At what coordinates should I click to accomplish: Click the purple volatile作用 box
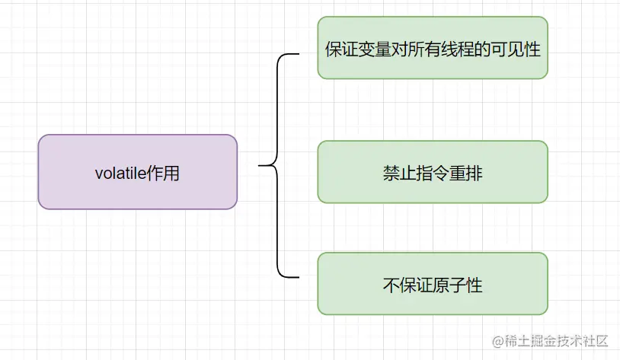click(138, 172)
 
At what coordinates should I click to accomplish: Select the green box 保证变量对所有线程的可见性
click(433, 48)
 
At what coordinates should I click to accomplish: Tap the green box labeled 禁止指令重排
click(433, 172)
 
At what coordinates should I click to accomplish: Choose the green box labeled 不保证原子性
click(433, 284)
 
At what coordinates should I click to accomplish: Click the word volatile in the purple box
click(120, 173)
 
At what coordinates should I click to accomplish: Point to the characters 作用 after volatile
click(163, 173)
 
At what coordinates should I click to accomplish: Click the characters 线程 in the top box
click(457, 49)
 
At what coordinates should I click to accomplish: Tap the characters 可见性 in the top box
click(516, 49)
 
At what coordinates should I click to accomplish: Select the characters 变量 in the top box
click(375, 49)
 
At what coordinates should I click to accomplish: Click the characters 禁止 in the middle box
click(399, 174)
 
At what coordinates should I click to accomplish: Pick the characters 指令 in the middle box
click(433, 174)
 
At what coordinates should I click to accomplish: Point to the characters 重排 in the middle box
click(466, 174)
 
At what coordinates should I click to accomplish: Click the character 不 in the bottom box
click(391, 285)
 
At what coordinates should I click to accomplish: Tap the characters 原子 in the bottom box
click(449, 285)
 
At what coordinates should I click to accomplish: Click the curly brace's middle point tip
click(259, 165)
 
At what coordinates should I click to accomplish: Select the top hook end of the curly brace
click(299, 54)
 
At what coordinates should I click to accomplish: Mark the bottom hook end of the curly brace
click(299, 277)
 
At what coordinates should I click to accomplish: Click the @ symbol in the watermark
click(498, 342)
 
